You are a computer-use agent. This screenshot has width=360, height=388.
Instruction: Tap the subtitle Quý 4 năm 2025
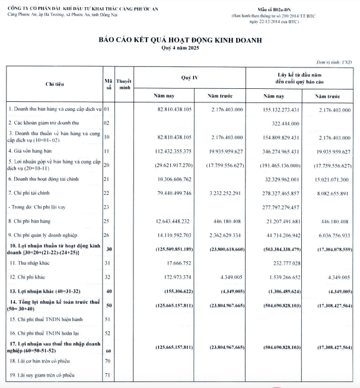(180, 49)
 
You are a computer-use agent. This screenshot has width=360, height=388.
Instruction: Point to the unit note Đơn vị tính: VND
(334, 62)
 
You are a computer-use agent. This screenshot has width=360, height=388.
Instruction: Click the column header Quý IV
(189, 78)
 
